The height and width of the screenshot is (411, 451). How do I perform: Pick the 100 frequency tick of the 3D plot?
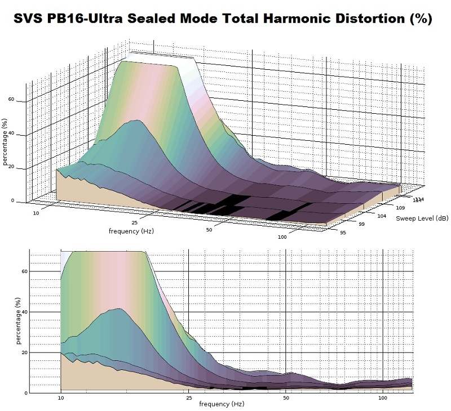pos(282,238)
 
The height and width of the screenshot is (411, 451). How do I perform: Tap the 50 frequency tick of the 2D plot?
pos(286,398)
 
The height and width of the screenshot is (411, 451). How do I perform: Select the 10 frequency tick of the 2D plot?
pos(61,398)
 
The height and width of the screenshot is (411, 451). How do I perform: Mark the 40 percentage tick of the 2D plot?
pos(24,312)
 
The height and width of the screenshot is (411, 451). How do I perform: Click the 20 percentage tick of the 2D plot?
pos(24,352)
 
